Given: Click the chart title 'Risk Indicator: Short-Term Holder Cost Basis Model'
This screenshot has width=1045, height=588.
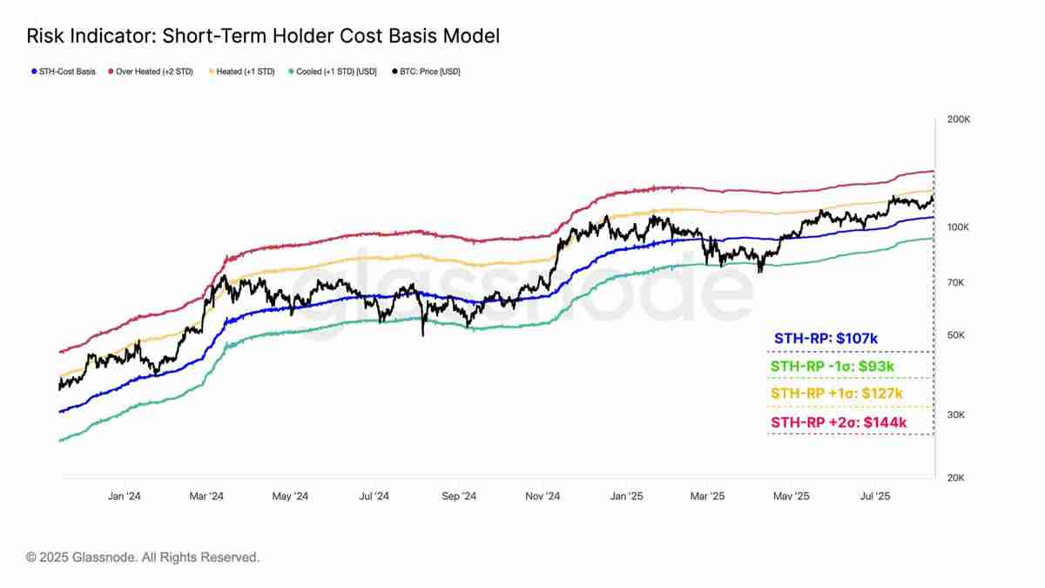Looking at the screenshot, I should click(x=263, y=36).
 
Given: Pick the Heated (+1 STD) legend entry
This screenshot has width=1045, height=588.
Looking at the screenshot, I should click(x=244, y=71).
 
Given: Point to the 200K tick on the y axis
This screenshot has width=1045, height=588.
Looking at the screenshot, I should click(x=958, y=119).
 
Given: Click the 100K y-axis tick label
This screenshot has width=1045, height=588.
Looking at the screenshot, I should click(x=958, y=227).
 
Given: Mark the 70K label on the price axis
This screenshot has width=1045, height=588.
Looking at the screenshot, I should click(x=956, y=282).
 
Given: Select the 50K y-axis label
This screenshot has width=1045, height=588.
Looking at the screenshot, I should click(x=956, y=335).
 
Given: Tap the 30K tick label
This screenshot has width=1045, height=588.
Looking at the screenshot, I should click(x=956, y=415).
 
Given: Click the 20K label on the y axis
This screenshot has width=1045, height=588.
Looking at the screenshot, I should click(x=956, y=478).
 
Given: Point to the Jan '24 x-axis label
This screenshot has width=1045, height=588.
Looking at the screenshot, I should click(x=125, y=497).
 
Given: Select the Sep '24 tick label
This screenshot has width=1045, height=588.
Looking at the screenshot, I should click(x=459, y=497).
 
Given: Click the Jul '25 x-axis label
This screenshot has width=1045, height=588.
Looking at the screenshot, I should click(x=874, y=497).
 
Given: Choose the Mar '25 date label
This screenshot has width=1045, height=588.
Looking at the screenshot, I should click(x=708, y=497).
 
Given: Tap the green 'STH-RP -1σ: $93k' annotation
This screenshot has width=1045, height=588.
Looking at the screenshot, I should click(x=832, y=367).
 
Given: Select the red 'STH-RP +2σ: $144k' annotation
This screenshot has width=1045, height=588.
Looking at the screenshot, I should click(x=839, y=423).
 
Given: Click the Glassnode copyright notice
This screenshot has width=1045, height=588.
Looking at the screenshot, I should click(x=143, y=557).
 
